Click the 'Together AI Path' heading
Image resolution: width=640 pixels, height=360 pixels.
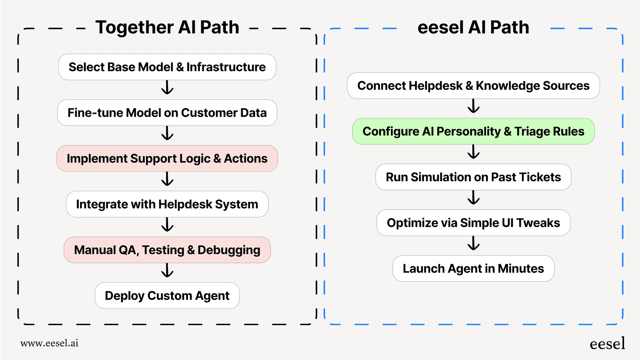click(x=167, y=27)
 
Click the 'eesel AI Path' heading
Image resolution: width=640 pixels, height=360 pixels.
click(x=473, y=27)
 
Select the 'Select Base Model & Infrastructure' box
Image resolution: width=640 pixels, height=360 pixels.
click(x=167, y=67)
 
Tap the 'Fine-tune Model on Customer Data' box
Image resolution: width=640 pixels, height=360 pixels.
click(x=167, y=113)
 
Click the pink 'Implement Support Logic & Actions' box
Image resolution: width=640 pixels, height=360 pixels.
click(x=167, y=158)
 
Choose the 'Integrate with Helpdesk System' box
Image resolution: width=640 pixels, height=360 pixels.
click(x=167, y=204)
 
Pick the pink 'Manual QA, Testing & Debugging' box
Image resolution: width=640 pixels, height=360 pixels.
click(x=167, y=250)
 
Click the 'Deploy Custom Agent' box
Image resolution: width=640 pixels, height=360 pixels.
click(x=167, y=296)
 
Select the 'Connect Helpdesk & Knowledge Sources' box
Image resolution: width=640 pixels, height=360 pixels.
click(x=473, y=86)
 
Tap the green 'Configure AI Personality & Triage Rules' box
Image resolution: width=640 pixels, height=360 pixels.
click(x=473, y=131)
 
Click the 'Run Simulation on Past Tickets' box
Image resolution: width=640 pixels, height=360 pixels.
click(x=473, y=177)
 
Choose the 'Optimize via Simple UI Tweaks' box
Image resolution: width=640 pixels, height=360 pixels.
click(x=473, y=223)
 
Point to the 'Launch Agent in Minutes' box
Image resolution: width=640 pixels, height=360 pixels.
click(x=473, y=269)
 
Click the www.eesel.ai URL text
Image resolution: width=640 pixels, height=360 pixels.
click(x=49, y=343)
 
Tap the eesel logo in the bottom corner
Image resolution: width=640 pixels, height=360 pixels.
click(x=607, y=344)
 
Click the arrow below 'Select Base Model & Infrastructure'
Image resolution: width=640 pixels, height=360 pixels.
click(x=167, y=88)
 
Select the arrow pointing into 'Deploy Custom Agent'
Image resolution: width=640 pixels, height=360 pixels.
click(x=167, y=271)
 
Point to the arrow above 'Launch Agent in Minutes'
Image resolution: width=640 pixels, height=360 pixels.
click(x=474, y=243)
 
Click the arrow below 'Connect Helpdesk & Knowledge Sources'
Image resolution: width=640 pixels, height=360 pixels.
click(x=474, y=106)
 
